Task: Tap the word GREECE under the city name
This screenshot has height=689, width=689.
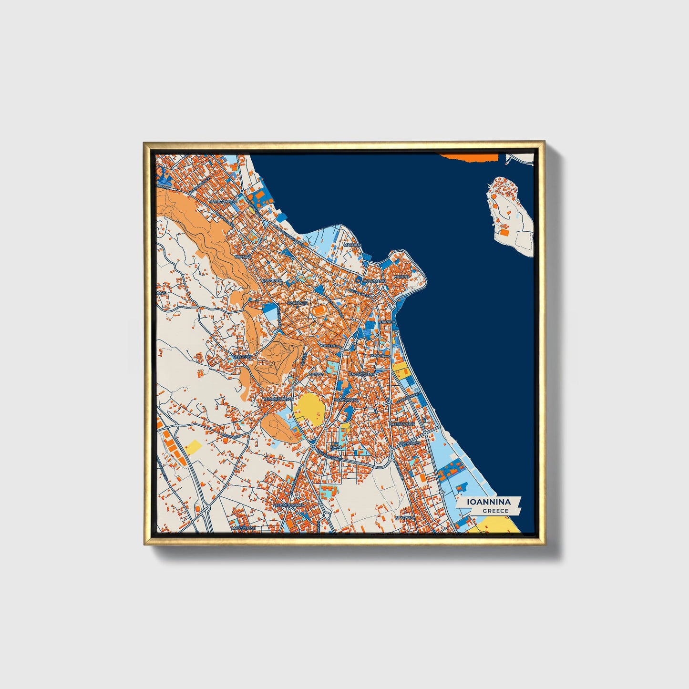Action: click(495, 511)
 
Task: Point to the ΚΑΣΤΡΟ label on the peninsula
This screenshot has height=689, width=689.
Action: click(399, 276)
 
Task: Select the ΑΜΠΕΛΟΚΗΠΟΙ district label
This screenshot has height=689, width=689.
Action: click(223, 202)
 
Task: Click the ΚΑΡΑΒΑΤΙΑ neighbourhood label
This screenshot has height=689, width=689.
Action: click(272, 281)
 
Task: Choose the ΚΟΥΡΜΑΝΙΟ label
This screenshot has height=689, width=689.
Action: click(374, 281)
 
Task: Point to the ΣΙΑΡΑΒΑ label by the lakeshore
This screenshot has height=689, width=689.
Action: click(388, 322)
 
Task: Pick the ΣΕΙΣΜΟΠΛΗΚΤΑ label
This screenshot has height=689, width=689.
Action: click(288, 504)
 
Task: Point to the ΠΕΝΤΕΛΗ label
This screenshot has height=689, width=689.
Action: click(241, 356)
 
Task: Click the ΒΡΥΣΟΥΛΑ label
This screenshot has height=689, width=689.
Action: click(405, 517)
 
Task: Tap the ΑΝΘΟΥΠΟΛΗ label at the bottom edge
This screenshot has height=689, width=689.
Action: click(243, 528)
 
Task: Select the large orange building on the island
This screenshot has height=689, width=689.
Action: click(504, 233)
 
